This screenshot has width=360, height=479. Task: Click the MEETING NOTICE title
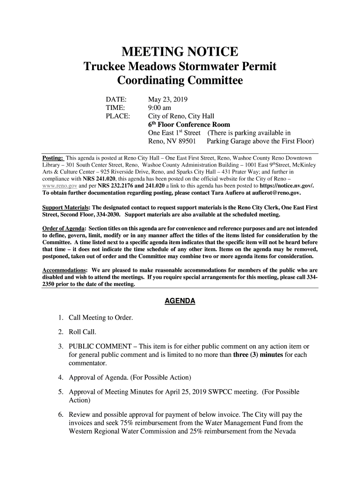pos(180,51)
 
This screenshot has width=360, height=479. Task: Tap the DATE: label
pos(116,99)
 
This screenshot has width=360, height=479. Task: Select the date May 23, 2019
pos(167,99)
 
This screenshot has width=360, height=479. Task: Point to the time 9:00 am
pos(160,108)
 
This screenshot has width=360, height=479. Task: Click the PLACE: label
pos(118,116)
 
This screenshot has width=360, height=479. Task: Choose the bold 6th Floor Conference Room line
pos(189,124)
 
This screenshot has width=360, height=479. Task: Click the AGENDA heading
pos(180,301)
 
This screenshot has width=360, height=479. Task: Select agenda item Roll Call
pos(82,332)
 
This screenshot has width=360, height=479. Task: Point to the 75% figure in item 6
pos(127,423)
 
